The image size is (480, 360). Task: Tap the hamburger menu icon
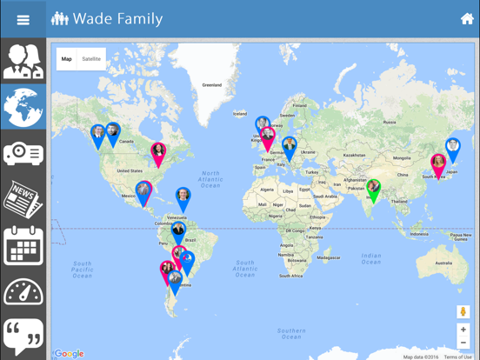[x=23, y=19]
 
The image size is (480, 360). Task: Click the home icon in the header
[x=467, y=19]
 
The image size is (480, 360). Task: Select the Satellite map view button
[x=91, y=59]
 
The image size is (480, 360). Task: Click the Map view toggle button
[x=67, y=59]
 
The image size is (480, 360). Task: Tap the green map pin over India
[x=373, y=189]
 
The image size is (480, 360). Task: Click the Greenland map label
[x=211, y=85]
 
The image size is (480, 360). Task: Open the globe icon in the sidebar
[x=23, y=107]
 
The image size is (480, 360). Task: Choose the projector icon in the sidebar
[x=23, y=154]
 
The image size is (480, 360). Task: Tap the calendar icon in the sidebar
[x=23, y=245]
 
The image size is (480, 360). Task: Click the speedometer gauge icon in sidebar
[x=23, y=291]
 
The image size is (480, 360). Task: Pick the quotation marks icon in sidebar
[x=23, y=336]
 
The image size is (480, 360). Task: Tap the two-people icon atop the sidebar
[x=23, y=61]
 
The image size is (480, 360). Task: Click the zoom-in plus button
[x=463, y=330]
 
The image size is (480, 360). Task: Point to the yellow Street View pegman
[x=463, y=311]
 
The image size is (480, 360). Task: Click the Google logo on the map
[x=70, y=354]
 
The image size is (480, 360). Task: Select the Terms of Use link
[x=457, y=357]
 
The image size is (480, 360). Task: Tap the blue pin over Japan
[x=452, y=149]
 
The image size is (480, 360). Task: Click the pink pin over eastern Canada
[x=158, y=153]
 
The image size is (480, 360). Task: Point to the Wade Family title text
[x=117, y=19]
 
